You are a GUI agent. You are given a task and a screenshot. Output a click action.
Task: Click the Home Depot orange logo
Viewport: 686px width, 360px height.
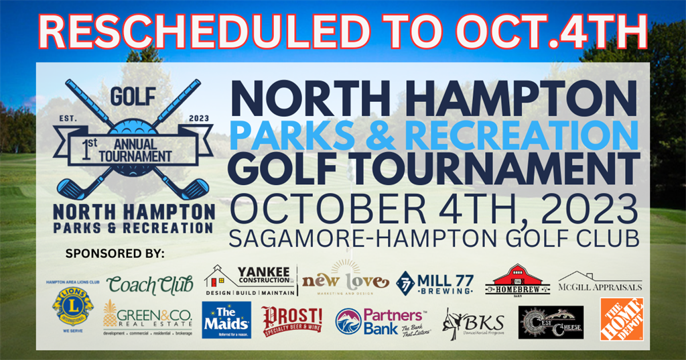[x=621, y=320]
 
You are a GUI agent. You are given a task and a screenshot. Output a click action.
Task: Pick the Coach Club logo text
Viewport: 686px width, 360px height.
[x=149, y=285]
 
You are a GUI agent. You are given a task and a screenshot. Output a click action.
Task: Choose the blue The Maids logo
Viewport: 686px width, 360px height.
[x=226, y=320]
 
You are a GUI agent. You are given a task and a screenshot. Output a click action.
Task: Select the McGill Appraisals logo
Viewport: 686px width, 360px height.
[x=600, y=282]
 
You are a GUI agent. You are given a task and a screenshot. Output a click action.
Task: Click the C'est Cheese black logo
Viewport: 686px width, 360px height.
[x=551, y=321]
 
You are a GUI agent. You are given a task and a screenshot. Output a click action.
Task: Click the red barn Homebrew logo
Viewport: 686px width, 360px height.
[x=517, y=280]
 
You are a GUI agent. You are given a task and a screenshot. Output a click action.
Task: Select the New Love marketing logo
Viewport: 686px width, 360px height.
[x=345, y=280]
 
